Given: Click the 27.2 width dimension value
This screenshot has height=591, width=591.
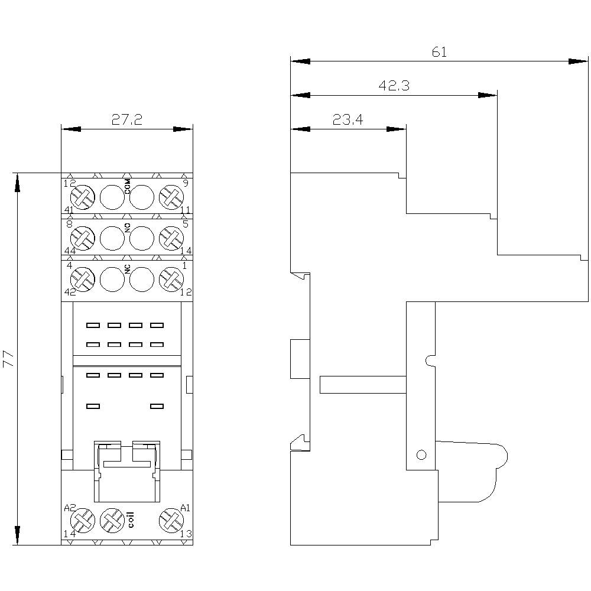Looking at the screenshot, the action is tap(126, 119).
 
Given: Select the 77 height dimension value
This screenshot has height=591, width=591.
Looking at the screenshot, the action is tap(8, 359).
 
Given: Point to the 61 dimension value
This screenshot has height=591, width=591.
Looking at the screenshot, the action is tap(439, 51).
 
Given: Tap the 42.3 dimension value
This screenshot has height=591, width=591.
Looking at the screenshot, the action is tap(394, 86).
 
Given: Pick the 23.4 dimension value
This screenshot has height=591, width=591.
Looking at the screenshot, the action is tap(348, 119).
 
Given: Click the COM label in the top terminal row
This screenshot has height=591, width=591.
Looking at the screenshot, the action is tap(128, 187).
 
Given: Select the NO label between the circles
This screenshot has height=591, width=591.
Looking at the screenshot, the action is tap(128, 228).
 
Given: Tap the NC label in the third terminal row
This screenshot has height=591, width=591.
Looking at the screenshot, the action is tap(128, 269).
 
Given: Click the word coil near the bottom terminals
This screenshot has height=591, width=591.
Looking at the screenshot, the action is tap(131, 519).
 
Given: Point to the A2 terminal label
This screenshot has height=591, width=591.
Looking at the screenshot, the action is tap(70, 508).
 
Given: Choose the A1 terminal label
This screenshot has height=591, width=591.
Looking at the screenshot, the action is tap(185, 508).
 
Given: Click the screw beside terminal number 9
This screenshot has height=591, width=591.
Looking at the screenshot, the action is tap(171, 197).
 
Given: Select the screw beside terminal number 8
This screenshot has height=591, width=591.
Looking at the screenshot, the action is tap(83, 238).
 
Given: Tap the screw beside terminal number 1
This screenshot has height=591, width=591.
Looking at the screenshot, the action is tap(171, 280).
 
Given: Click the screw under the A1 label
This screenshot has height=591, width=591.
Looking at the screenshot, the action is tap(171, 521).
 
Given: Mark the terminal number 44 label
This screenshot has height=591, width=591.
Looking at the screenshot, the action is tap(70, 251).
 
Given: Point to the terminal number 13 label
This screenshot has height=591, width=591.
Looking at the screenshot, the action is tap(186, 534).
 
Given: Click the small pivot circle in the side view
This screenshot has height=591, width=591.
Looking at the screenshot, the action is tap(421, 455).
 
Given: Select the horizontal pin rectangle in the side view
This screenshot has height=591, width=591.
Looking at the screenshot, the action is tap(363, 385).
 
